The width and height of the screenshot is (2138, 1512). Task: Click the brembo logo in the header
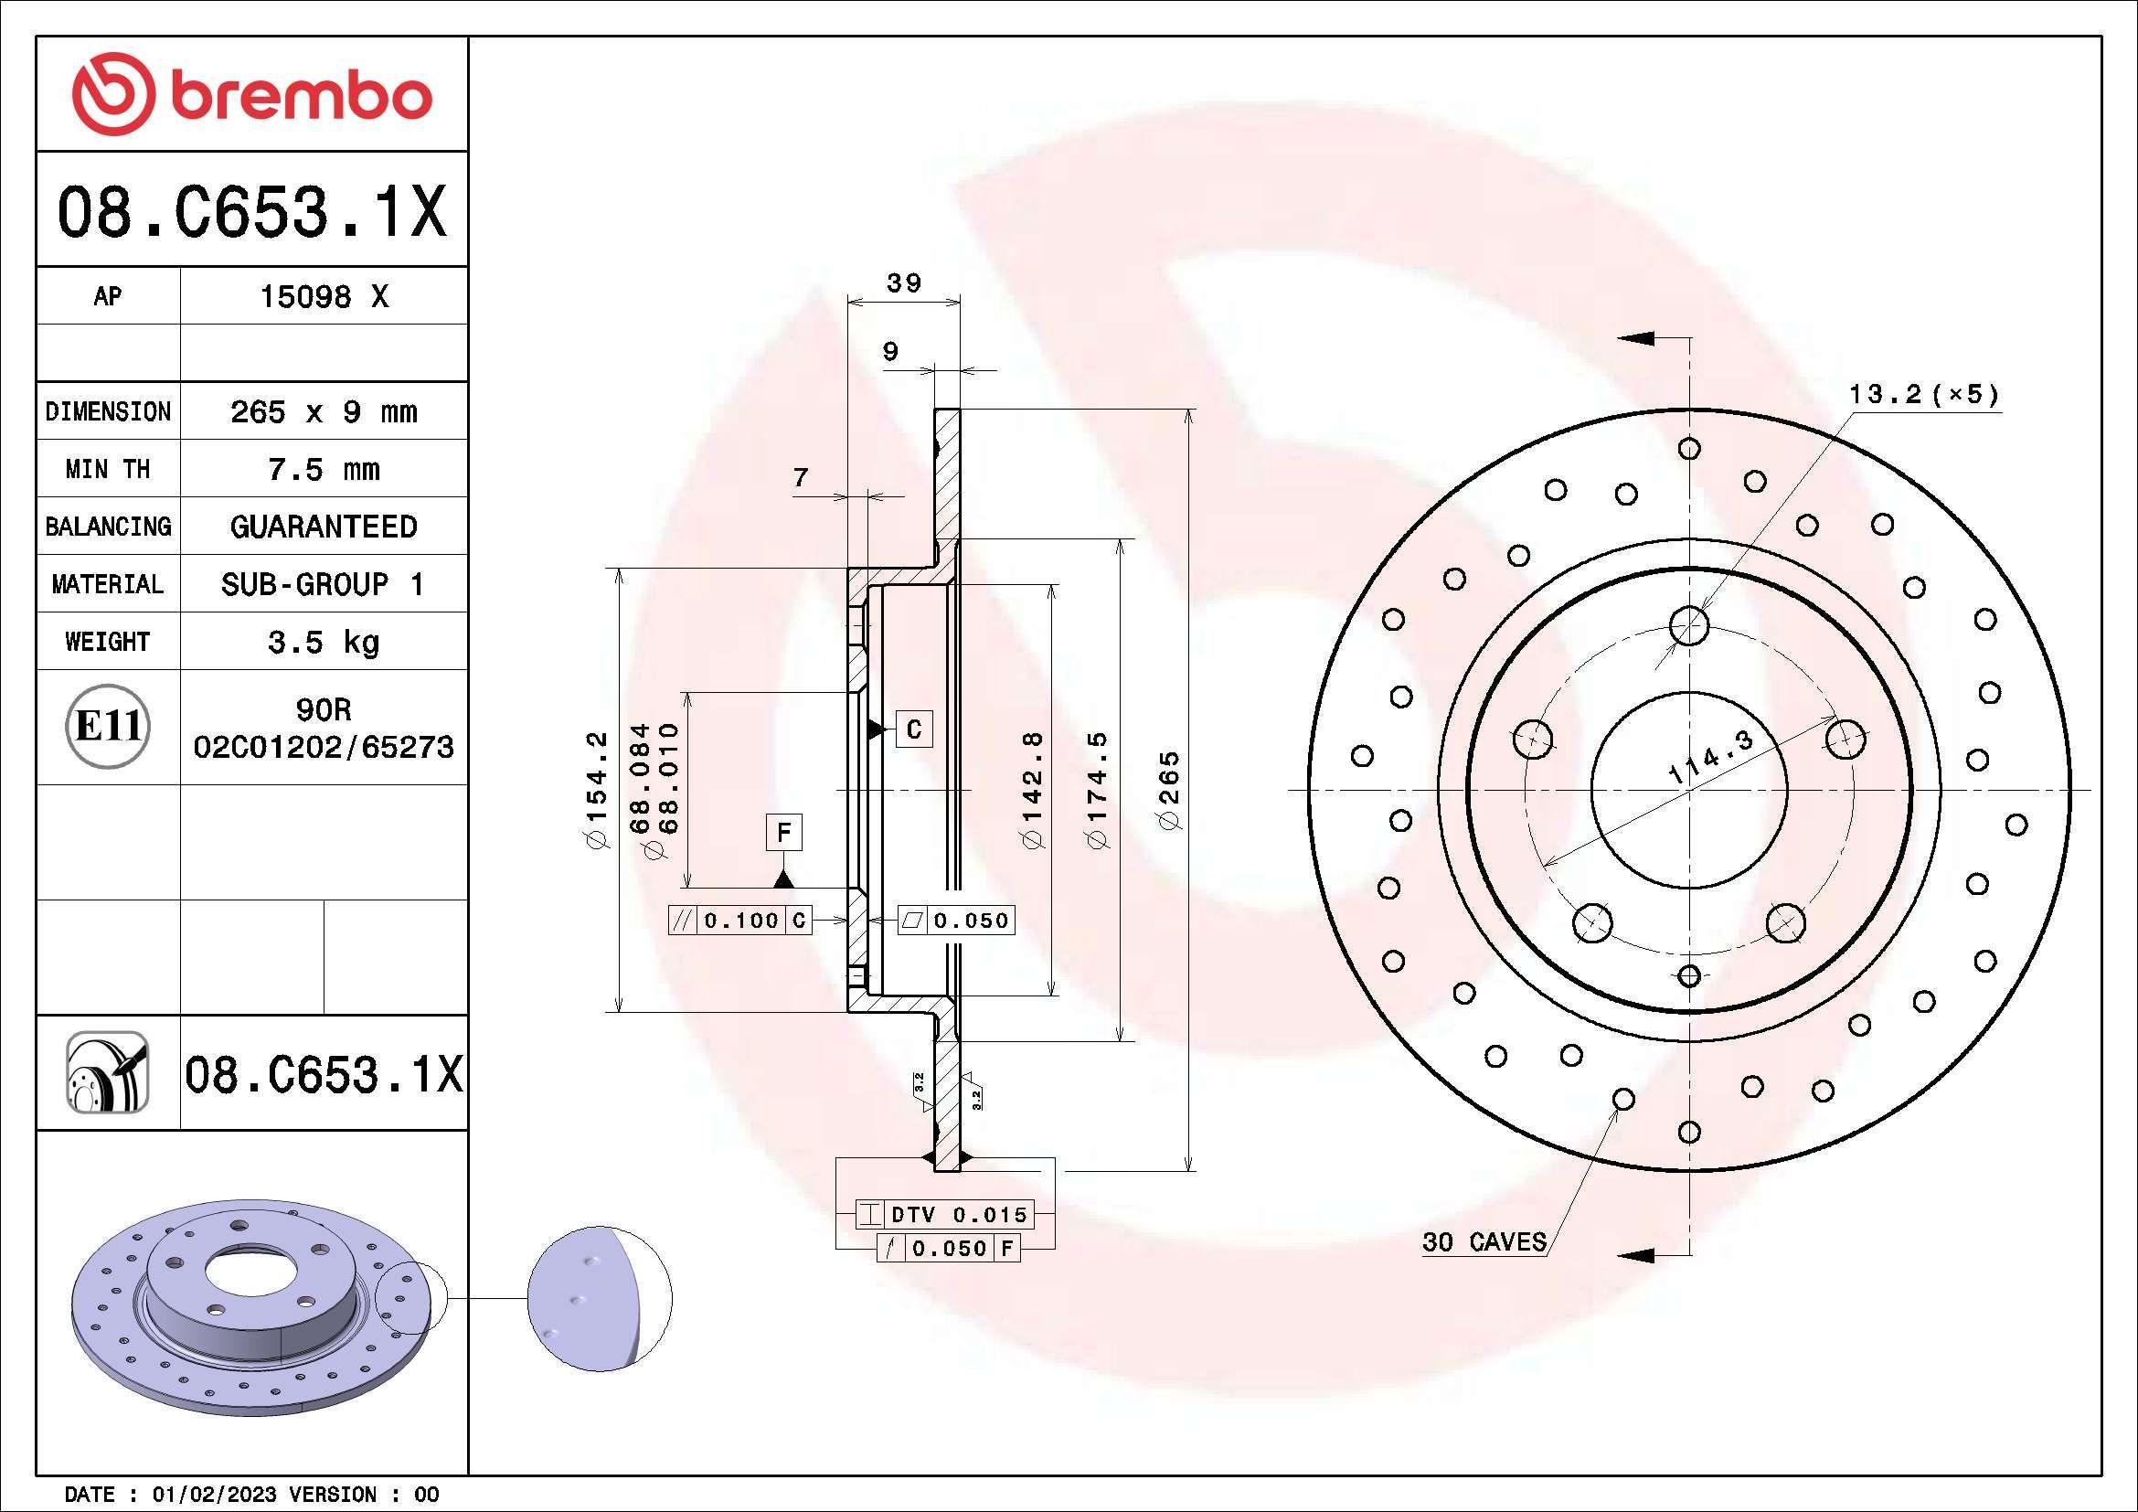[x=251, y=94]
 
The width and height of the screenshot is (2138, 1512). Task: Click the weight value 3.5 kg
[x=323, y=643]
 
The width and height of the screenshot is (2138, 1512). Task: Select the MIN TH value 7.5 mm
[x=323, y=469]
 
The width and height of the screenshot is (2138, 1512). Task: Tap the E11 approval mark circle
[x=108, y=726]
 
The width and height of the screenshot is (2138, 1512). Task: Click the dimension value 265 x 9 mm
[x=323, y=411]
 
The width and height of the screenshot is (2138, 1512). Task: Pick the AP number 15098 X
[x=323, y=297]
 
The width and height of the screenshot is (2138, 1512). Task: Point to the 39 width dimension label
[x=903, y=282]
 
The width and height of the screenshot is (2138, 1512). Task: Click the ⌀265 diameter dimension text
[x=1169, y=790]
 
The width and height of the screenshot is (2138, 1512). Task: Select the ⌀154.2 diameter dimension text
[x=596, y=790]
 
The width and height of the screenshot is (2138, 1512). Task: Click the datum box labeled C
[x=913, y=729]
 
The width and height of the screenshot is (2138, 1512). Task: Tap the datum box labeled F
[x=784, y=831]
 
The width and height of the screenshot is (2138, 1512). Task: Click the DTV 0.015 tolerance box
[x=957, y=1214]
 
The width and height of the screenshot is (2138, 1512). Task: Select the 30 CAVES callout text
[x=1484, y=1242]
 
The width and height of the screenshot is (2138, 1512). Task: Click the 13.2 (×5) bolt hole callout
[x=1923, y=395]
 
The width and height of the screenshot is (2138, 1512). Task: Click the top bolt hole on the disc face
[x=1689, y=624]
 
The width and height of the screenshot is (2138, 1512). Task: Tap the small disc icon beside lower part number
[x=107, y=1072]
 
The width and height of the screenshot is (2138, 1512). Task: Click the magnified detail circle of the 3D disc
[x=599, y=1298]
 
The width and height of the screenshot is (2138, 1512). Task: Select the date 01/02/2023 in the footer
[x=214, y=1495]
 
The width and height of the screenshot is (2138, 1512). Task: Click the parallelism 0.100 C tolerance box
[x=740, y=921]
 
